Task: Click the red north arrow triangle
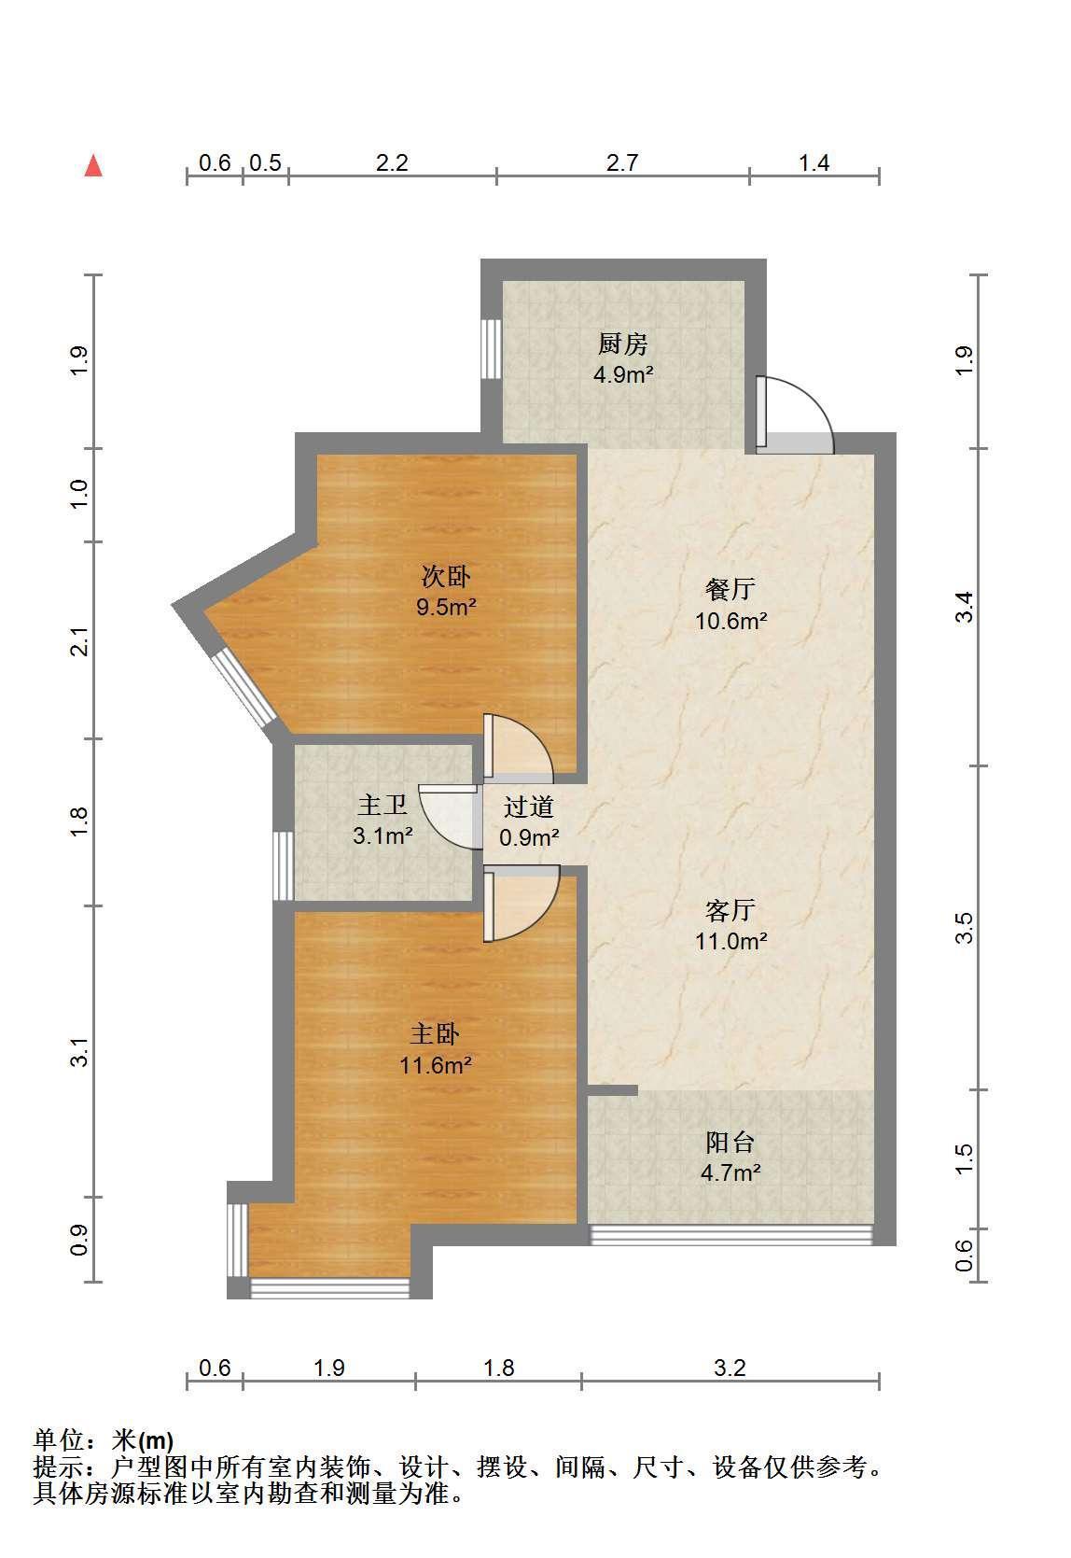click(x=93, y=166)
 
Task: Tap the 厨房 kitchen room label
click(x=622, y=344)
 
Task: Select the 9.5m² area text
click(x=446, y=607)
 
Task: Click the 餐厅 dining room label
click(x=730, y=589)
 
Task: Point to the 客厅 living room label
click(x=730, y=910)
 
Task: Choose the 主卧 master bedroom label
click(x=435, y=1033)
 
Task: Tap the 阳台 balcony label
click(x=730, y=1142)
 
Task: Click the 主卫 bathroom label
click(x=382, y=805)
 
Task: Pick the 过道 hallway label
click(x=528, y=807)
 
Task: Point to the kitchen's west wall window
click(x=491, y=349)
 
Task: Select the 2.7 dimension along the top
click(x=622, y=162)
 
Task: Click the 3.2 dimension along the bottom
click(x=730, y=1369)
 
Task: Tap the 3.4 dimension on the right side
click(x=964, y=607)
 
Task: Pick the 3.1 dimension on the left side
click(x=80, y=1051)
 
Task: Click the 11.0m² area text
click(x=731, y=941)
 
